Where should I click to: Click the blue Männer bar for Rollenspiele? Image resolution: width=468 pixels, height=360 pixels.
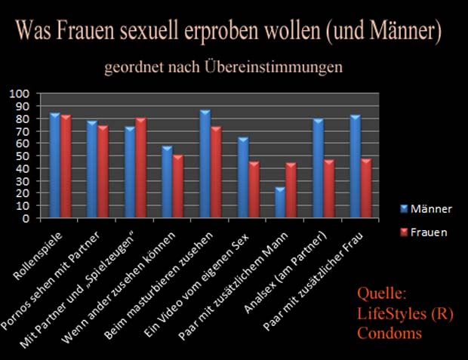coord(54,166)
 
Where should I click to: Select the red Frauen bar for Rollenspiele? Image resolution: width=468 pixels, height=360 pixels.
coord(66,167)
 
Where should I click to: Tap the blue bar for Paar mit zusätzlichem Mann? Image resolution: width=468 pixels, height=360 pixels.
coord(280,202)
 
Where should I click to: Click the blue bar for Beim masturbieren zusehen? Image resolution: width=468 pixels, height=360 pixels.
coord(205,165)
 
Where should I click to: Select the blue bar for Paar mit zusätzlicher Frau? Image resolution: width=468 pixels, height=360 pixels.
coord(356,167)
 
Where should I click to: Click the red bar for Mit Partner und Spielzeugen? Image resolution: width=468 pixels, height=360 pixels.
coord(141,168)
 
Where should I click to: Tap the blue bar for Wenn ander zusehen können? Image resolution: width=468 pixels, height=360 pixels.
coord(167,182)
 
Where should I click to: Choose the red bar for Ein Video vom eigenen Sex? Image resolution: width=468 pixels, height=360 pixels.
coord(254,189)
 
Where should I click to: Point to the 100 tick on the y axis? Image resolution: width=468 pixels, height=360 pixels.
coord(19,94)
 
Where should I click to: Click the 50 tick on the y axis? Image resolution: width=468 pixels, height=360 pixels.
coord(22,156)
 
